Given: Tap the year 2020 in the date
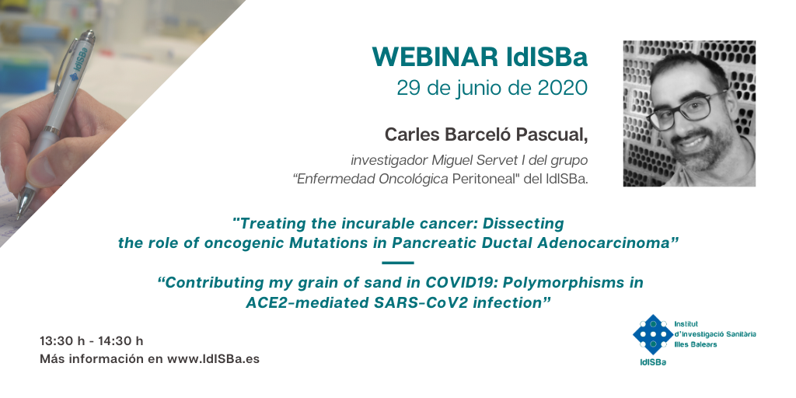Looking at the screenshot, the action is (x=563, y=89).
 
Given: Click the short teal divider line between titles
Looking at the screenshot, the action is (x=397, y=263).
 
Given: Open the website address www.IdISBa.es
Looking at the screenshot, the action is (x=213, y=359).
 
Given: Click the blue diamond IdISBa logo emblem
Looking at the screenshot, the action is (x=652, y=334).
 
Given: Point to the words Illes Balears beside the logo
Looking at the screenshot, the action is (x=696, y=344).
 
